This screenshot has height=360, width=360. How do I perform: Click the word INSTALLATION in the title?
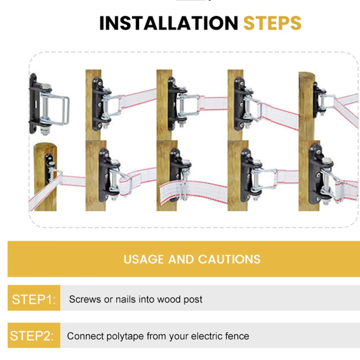169,23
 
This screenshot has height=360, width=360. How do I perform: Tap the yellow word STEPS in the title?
272,23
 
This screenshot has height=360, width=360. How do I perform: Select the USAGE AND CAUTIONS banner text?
192,259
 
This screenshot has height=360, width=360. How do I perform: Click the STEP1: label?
34,300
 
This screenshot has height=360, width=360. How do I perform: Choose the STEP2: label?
32,336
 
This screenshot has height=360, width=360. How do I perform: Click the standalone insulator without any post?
49,105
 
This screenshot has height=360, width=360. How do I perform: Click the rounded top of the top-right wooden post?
306,74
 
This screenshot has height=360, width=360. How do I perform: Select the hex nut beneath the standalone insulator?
45,131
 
